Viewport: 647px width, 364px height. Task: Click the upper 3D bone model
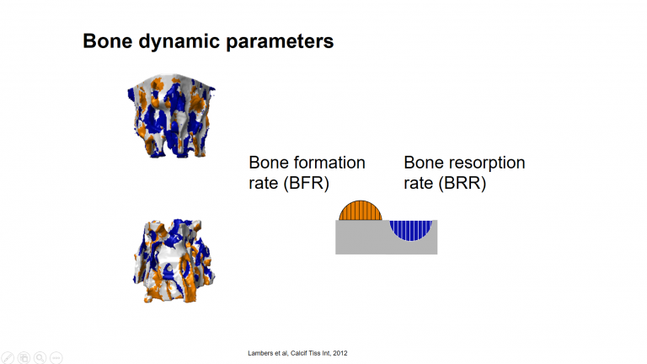pos(171,116)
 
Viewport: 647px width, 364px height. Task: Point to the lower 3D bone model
pos(174,261)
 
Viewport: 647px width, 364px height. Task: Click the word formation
pos(329,163)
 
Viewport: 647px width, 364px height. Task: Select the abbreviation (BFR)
pos(306,183)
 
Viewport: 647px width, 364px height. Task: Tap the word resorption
pos(487,163)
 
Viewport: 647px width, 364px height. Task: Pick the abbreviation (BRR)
pos(463,183)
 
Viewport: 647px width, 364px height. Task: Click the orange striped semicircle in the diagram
pos(361,211)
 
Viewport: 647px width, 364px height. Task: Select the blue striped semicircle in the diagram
pos(411,230)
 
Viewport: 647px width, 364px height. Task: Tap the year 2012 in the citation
pos(340,353)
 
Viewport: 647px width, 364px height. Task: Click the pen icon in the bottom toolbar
pos(8,357)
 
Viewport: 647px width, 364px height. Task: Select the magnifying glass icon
pos(40,357)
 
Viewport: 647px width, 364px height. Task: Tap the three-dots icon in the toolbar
pos(56,357)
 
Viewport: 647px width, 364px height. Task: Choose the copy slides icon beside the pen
pos(24,357)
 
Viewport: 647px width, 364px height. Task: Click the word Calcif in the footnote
pos(299,353)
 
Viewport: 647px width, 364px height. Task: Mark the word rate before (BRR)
pos(419,183)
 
